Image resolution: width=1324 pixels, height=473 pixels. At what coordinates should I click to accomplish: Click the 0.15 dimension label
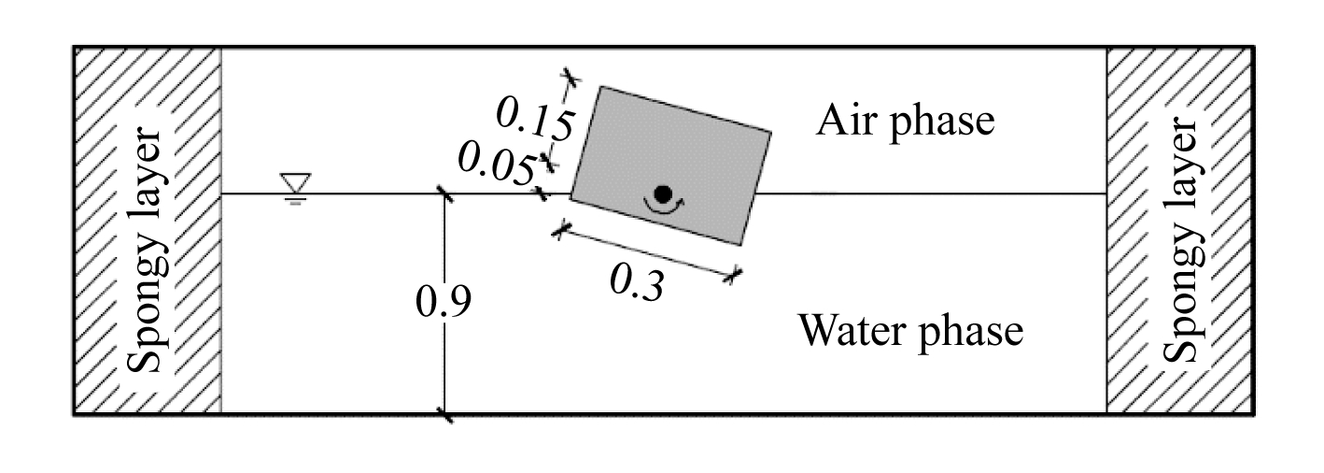point(533,120)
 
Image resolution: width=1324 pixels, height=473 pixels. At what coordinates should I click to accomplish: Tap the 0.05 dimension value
point(496,165)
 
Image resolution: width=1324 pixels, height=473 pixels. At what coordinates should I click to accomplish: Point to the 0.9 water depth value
point(444,302)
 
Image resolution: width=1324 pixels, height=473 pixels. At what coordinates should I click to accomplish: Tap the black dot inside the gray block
point(663,193)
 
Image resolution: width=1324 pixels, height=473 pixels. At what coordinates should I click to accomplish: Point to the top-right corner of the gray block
point(771,132)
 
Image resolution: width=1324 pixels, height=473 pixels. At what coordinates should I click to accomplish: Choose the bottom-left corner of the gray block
point(570,198)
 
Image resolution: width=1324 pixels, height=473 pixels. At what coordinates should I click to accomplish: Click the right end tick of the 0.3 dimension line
point(736,273)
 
